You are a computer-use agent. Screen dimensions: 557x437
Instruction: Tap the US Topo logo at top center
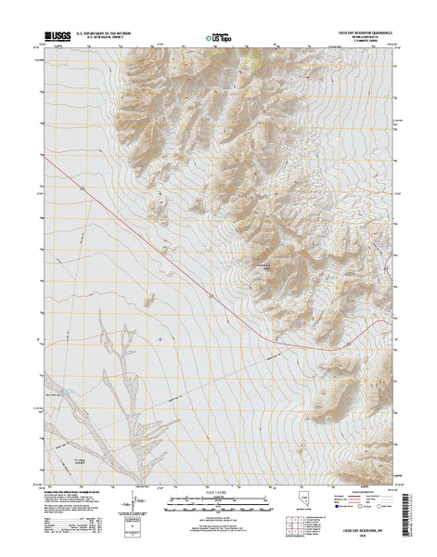[218, 38]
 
